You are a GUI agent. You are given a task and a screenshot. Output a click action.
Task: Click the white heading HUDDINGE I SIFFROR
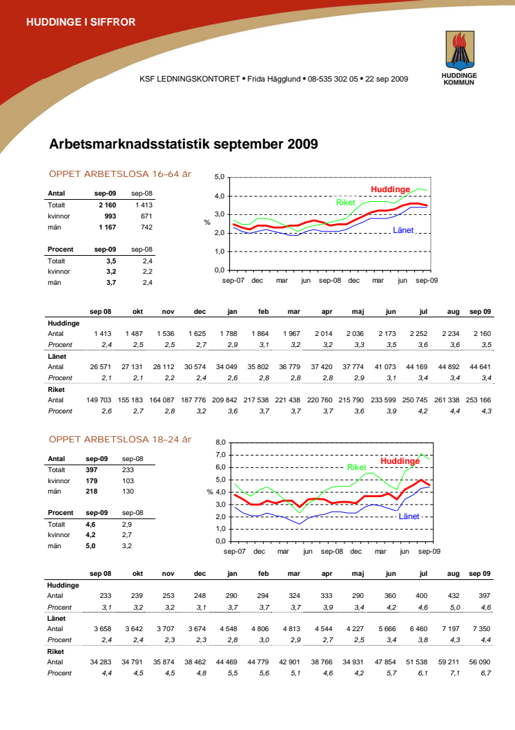81,22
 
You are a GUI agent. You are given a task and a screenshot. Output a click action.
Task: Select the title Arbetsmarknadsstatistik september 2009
184,144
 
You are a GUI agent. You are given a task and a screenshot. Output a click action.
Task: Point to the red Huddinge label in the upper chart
390,189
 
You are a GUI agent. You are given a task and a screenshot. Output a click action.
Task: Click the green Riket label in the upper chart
345,203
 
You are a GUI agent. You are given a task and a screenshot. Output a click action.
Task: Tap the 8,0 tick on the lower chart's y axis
221,442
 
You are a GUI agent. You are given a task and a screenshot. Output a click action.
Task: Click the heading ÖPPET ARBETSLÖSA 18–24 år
119,439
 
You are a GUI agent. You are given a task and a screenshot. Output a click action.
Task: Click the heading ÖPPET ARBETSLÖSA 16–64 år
119,174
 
